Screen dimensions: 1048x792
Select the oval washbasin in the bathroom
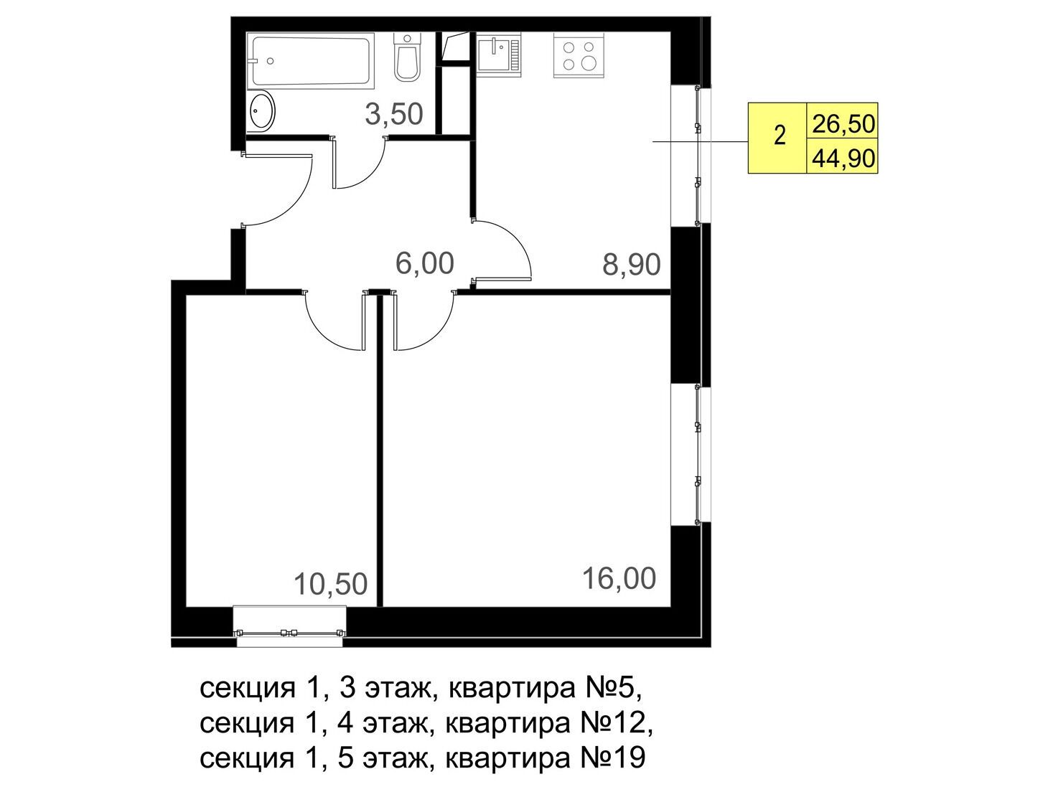click(262, 110)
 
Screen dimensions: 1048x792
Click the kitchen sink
click(498, 55)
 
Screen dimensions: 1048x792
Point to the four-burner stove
click(578, 55)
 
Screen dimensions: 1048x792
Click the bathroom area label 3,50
click(394, 114)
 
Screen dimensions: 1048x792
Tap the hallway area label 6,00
click(424, 263)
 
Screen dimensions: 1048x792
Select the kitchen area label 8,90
click(631, 264)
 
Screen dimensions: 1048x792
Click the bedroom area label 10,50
click(330, 583)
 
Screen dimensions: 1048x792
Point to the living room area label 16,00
click(619, 579)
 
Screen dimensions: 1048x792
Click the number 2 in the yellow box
click(780, 136)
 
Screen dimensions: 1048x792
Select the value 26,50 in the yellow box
click(843, 124)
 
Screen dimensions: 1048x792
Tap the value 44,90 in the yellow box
click(843, 159)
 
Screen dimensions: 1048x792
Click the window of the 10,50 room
click(289, 626)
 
